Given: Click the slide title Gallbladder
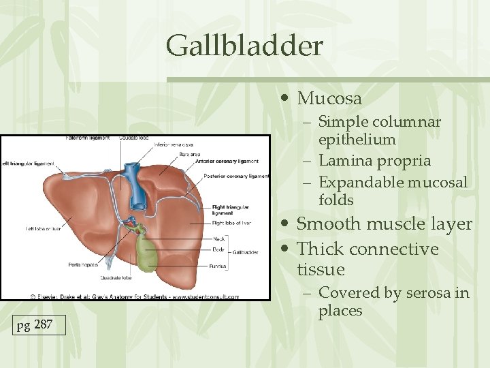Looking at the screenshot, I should tap(244, 46).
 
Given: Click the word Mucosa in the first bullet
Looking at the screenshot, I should tap(329, 99).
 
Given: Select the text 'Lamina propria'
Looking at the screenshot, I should tap(374, 161).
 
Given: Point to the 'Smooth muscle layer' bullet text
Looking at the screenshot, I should tap(384, 224).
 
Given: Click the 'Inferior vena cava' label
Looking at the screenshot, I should tap(174, 144).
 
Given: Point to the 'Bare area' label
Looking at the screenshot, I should tap(190, 154).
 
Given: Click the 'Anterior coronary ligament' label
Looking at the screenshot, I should tap(227, 162).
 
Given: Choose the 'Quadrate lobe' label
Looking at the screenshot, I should tap(118, 277).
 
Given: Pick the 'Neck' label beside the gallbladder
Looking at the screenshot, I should tap(218, 239).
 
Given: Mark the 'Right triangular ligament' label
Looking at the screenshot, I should tap(230, 209).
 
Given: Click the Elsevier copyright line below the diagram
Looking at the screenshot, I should tap(134, 296).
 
